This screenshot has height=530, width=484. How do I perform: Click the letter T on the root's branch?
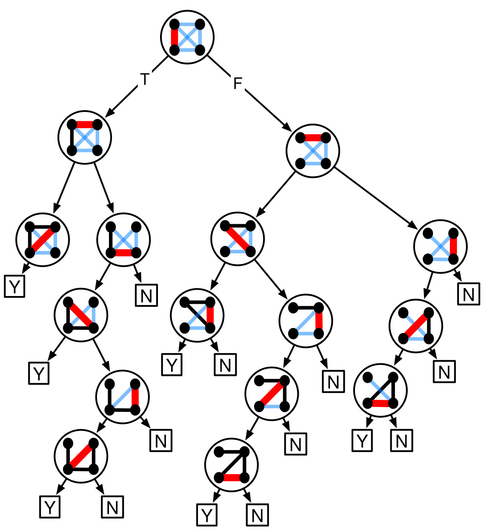tap(145, 79)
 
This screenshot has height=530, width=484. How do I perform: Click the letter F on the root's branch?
tap(238, 83)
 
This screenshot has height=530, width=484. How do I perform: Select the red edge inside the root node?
tap(174, 37)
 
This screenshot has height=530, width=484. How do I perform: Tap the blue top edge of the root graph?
tap(187, 24)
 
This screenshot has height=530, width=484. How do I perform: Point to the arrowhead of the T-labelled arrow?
tap(108, 114)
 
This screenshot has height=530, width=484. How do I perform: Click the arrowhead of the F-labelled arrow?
tap(288, 128)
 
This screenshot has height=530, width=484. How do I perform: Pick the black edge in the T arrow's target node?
tap(72, 137)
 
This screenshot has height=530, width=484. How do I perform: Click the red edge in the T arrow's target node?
tap(85, 125)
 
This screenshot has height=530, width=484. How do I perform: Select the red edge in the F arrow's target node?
tap(313, 138)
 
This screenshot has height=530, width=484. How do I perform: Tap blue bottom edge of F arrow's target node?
tap(313, 164)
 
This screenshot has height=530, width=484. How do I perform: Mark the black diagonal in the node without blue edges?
tap(232, 464)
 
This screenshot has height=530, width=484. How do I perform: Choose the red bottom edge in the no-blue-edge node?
tap(232, 478)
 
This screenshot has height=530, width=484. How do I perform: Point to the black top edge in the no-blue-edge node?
tap(232, 452)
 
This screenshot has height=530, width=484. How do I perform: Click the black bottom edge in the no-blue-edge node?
tap(81, 469)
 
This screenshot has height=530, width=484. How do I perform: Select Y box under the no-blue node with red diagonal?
tap(50, 507)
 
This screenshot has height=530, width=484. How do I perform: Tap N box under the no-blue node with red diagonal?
tap(112, 507)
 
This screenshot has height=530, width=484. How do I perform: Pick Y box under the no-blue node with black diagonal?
tap(207, 515)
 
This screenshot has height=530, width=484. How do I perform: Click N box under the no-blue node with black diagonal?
tap(257, 515)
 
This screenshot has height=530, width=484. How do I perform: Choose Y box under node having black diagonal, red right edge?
tap(172, 365)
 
